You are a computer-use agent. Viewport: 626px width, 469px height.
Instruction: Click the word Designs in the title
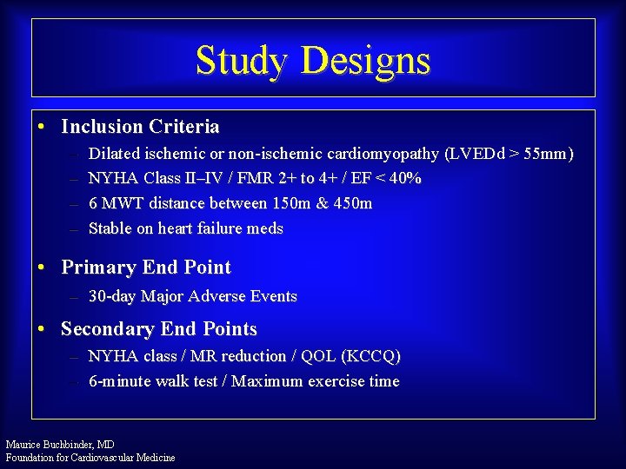click(365, 61)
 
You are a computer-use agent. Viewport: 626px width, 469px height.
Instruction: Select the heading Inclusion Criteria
click(140, 127)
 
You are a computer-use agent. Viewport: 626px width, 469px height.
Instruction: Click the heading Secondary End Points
click(159, 329)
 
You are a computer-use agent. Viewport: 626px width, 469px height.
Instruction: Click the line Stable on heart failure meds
click(186, 228)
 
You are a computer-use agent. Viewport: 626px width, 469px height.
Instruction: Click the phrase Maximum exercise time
click(316, 381)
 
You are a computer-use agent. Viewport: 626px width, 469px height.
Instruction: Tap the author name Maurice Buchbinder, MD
click(60, 444)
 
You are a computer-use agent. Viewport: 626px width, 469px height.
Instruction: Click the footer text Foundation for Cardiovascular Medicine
click(90, 457)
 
